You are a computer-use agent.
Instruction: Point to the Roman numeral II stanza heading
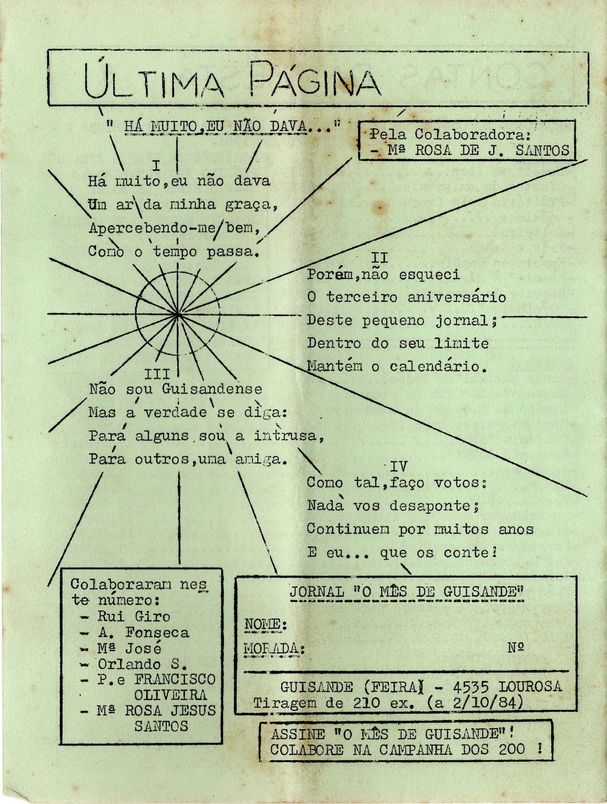[379, 258]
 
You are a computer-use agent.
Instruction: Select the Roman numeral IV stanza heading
[398, 466]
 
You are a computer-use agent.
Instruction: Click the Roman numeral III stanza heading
[157, 374]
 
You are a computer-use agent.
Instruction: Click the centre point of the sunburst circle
[178, 314]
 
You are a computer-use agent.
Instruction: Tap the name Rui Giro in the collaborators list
[133, 616]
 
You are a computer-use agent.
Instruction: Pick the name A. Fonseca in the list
[143, 632]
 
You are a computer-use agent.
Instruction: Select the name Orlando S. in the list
[142, 664]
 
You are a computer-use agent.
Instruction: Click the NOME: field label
[266, 624]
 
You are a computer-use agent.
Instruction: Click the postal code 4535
[471, 686]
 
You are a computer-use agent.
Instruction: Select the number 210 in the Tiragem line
[366, 703]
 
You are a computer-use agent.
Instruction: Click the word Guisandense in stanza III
[212, 389]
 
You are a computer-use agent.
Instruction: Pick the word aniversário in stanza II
[457, 297]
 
